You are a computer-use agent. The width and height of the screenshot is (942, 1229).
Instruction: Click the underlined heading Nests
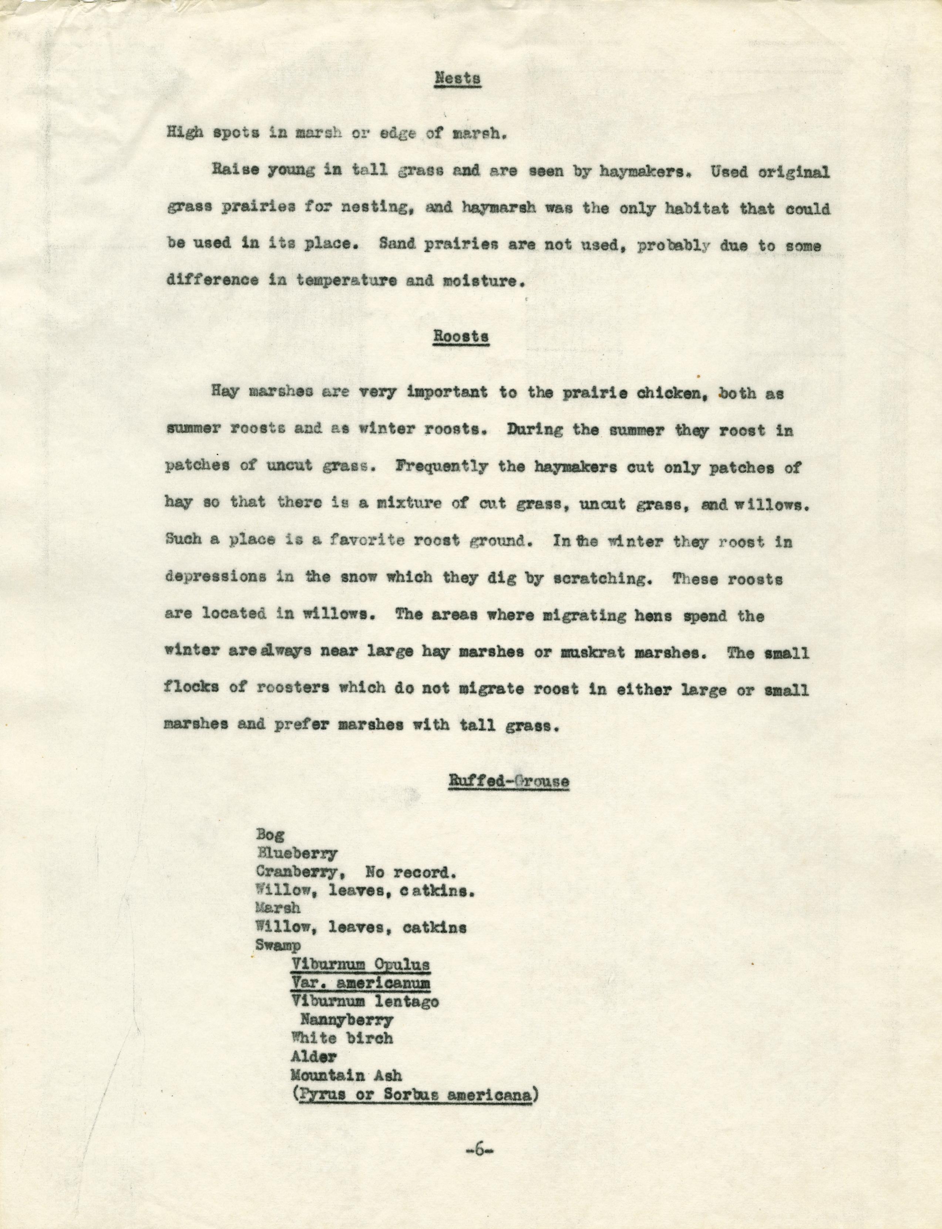click(x=458, y=78)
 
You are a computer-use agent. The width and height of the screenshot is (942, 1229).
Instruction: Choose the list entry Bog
click(x=270, y=835)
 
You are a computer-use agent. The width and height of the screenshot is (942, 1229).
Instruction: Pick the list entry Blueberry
click(x=297, y=854)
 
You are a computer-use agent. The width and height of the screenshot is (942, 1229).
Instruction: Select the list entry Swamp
click(x=278, y=945)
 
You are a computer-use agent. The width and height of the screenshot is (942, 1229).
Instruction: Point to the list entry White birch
click(x=342, y=1038)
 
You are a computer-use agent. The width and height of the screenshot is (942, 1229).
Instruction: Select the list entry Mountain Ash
click(x=346, y=1075)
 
